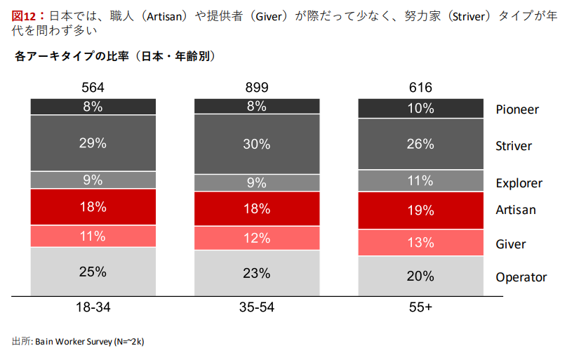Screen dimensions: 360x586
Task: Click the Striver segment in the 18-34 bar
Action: click(93, 143)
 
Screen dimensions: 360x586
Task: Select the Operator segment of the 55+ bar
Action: click(421, 276)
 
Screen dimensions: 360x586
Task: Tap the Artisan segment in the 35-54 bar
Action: click(257, 208)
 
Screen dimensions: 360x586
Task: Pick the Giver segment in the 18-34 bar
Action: click(93, 236)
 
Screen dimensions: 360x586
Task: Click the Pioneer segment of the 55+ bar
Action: click(421, 108)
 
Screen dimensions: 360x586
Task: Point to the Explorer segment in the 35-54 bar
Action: click(257, 182)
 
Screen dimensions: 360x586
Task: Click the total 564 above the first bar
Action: click(93, 88)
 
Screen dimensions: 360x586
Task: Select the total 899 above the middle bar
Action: click(257, 88)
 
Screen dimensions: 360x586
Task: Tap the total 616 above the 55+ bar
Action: click(421, 88)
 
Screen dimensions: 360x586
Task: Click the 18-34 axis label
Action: click(93, 307)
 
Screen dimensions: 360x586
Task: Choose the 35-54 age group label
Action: click(257, 307)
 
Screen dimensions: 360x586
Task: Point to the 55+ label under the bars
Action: click(421, 307)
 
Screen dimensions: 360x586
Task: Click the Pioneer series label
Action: click(517, 109)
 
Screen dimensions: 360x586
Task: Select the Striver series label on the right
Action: click(514, 146)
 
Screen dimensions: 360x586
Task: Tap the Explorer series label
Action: click(519, 183)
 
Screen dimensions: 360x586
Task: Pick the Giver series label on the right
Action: click(511, 244)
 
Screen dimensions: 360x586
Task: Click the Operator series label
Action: click(521, 277)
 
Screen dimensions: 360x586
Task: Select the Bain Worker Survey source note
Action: click(78, 341)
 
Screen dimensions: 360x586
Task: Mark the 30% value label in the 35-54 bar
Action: click(257, 144)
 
